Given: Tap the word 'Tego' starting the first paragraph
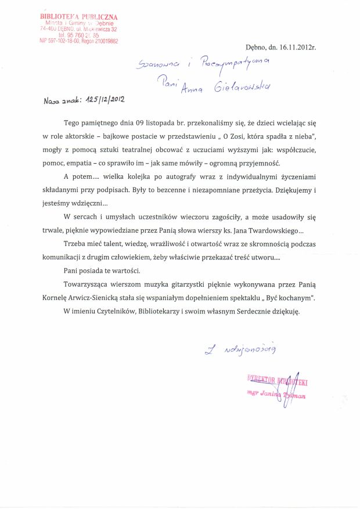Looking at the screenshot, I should click(x=74, y=124).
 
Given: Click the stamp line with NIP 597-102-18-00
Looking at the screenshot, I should click(x=78, y=41).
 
